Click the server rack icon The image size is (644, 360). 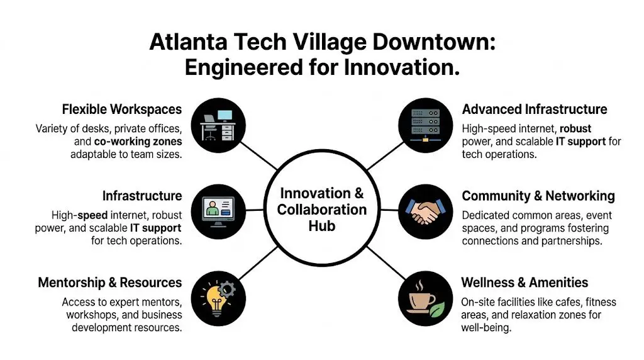click(426, 125)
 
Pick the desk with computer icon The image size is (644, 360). click(218, 125)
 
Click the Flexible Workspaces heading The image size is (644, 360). click(122, 110)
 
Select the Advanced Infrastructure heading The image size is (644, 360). click(534, 110)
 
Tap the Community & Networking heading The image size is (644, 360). click(538, 196)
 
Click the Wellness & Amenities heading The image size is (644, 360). click(525, 282)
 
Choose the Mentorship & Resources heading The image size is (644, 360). click(110, 282)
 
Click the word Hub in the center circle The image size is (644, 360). click(321, 225)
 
